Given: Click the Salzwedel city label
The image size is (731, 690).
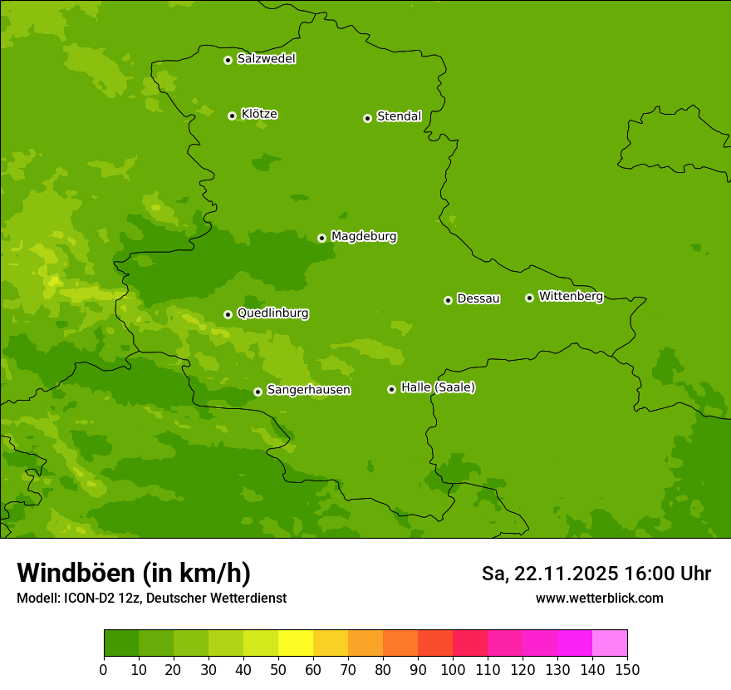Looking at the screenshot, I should click(266, 59).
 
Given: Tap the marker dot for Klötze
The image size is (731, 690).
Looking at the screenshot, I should click(232, 116).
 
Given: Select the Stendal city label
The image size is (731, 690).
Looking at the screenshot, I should click(399, 116).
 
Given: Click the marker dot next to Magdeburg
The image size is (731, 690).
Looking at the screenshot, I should click(321, 238).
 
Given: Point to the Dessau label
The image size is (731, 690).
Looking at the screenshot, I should click(478, 298).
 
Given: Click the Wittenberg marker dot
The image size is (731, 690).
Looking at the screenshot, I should click(529, 298).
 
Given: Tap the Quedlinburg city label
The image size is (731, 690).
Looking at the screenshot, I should click(272, 313).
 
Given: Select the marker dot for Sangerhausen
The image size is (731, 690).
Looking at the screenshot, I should click(258, 392).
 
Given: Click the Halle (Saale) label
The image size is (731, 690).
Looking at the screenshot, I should click(438, 387).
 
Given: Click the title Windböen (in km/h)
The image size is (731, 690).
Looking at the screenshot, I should click(133, 573).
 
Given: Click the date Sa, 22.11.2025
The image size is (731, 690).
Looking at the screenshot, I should click(549, 574).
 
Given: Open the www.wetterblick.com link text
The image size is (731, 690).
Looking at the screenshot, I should click(599, 599).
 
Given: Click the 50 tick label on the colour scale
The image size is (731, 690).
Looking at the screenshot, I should click(278, 669).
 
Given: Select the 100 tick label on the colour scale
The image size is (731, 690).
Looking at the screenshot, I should click(453, 669).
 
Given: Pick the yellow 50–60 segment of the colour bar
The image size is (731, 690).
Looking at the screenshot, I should click(296, 643).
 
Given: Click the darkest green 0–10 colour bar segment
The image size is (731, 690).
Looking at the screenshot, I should click(121, 643).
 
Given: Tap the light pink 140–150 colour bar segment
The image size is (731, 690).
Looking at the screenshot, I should click(610, 643).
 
